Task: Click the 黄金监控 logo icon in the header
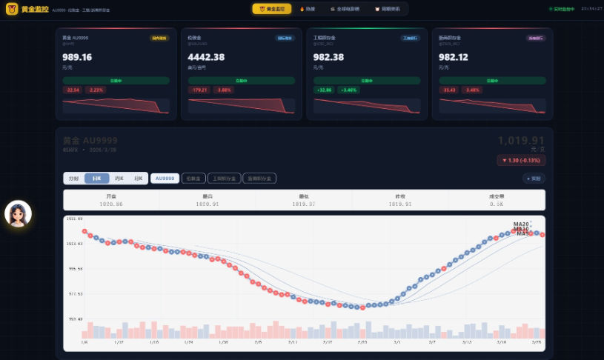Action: point(12,10)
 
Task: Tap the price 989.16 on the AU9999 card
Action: point(77,57)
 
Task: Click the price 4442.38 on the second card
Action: point(207,57)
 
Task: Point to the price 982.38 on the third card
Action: point(329,57)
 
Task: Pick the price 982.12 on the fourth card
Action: point(454,57)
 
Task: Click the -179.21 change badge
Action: point(199,90)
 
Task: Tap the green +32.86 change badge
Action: point(324,90)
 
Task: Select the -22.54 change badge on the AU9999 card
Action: point(73,90)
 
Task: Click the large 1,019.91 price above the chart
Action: point(521,141)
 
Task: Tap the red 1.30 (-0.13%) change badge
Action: point(520,160)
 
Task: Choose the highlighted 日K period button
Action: point(96,179)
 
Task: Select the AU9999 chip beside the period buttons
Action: point(165,179)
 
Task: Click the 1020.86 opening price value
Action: point(111,203)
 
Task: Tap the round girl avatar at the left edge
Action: point(18,213)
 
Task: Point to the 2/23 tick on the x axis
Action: point(362,342)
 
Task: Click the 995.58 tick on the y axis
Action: point(75,269)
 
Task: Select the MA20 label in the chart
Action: point(521,224)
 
